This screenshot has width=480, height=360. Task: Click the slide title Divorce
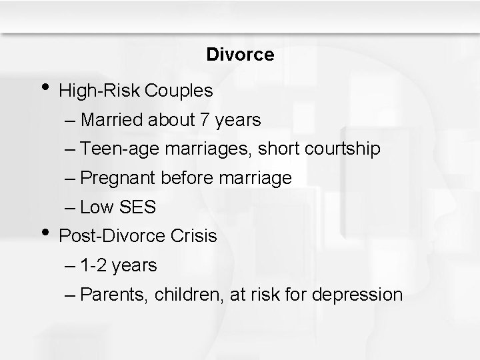tap(240, 55)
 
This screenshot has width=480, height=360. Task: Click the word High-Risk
tap(101, 91)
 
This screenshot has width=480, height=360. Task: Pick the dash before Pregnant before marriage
tap(71, 179)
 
